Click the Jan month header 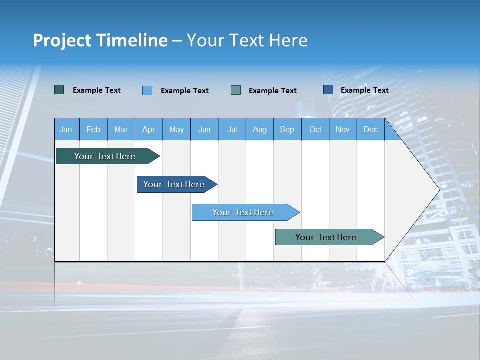point(66,129)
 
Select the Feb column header point(93,129)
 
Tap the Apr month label point(148,129)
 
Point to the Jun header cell point(204,129)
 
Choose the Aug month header point(259,129)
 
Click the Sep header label point(287,129)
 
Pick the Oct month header point(315,129)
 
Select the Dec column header point(370,129)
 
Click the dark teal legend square point(59,90)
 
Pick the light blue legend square point(147,90)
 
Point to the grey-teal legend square point(236,90)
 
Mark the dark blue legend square point(328,90)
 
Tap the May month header point(176,129)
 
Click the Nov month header point(343,129)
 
